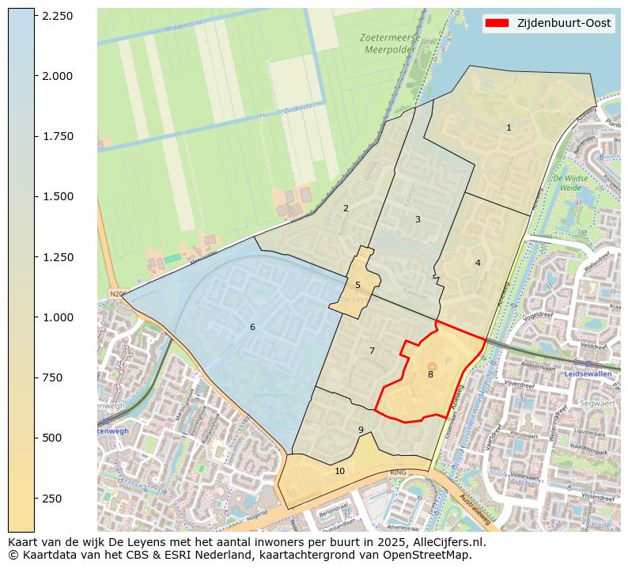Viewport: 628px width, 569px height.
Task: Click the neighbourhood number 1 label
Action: pyautogui.click(x=509, y=127)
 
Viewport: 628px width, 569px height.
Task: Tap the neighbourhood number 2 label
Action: pyautogui.click(x=346, y=208)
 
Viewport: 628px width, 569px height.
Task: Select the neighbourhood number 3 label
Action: pyautogui.click(x=418, y=219)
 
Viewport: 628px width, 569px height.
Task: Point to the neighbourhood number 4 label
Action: pyautogui.click(x=478, y=263)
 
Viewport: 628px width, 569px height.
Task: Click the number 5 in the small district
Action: pyautogui.click(x=358, y=285)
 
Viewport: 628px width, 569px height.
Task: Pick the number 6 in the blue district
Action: pyautogui.click(x=252, y=327)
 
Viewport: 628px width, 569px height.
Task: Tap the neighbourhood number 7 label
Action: pyautogui.click(x=372, y=351)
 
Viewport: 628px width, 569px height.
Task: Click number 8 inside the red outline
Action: pyautogui.click(x=430, y=374)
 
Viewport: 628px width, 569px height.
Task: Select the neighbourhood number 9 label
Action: pyautogui.click(x=361, y=430)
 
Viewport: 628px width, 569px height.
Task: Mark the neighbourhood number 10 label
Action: pyautogui.click(x=339, y=471)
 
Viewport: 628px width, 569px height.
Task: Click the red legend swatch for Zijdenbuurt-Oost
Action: pyautogui.click(x=497, y=24)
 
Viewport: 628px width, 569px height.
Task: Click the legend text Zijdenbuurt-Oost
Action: pyautogui.click(x=563, y=24)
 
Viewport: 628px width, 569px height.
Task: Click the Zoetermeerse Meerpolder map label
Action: pyautogui.click(x=388, y=44)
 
